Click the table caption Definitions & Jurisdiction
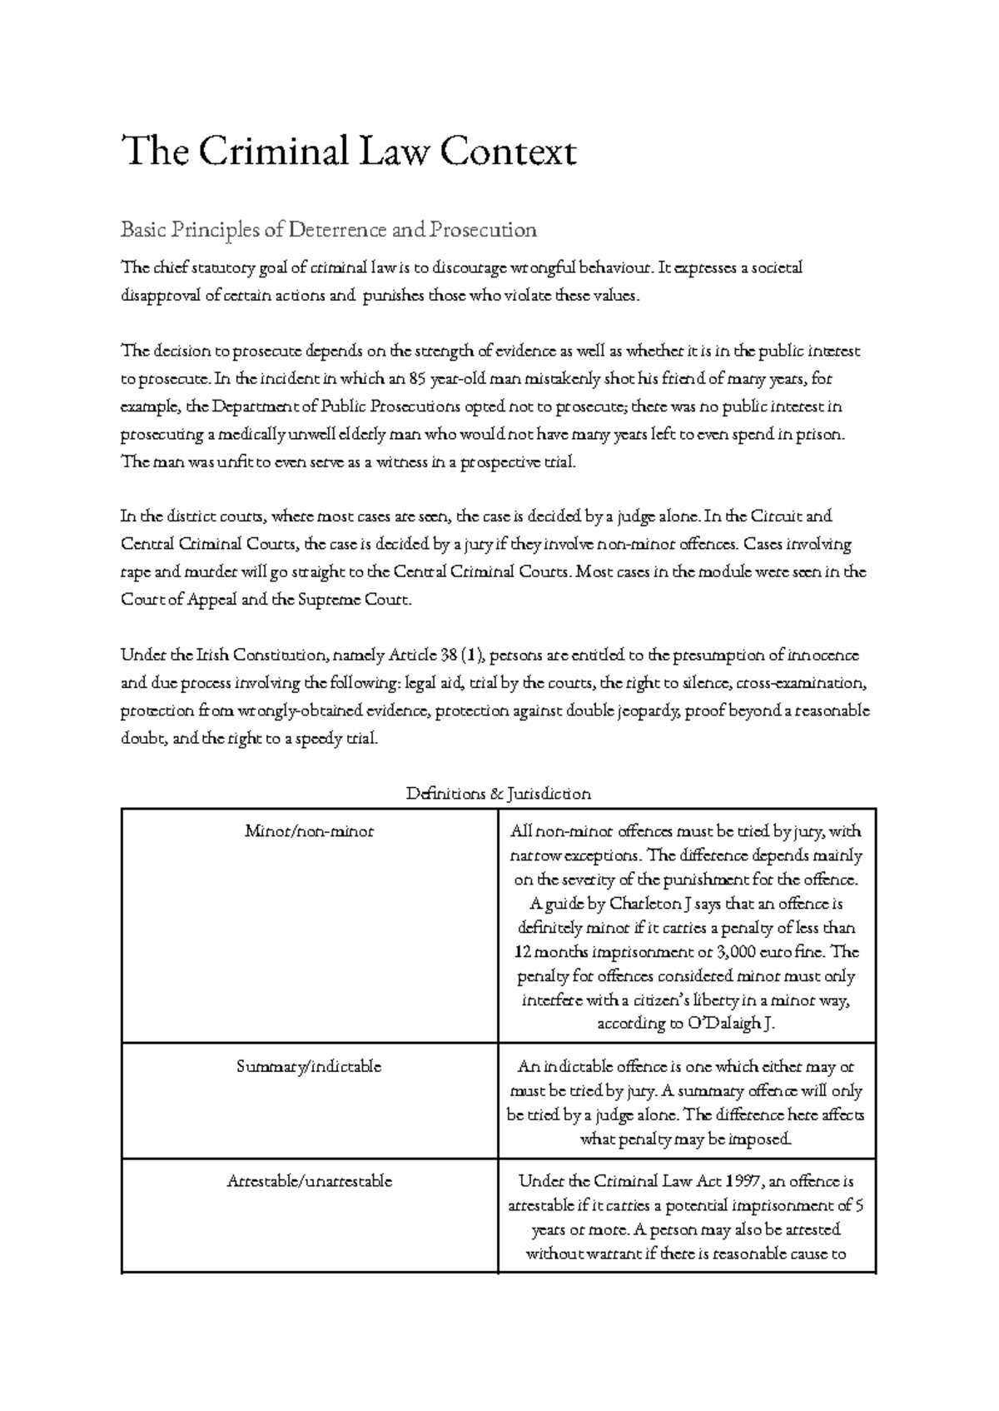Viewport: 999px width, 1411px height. [x=498, y=794]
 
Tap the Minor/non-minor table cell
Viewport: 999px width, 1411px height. [x=309, y=831]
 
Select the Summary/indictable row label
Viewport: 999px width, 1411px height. [x=309, y=1066]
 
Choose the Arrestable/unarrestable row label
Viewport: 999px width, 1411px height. [x=309, y=1181]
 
